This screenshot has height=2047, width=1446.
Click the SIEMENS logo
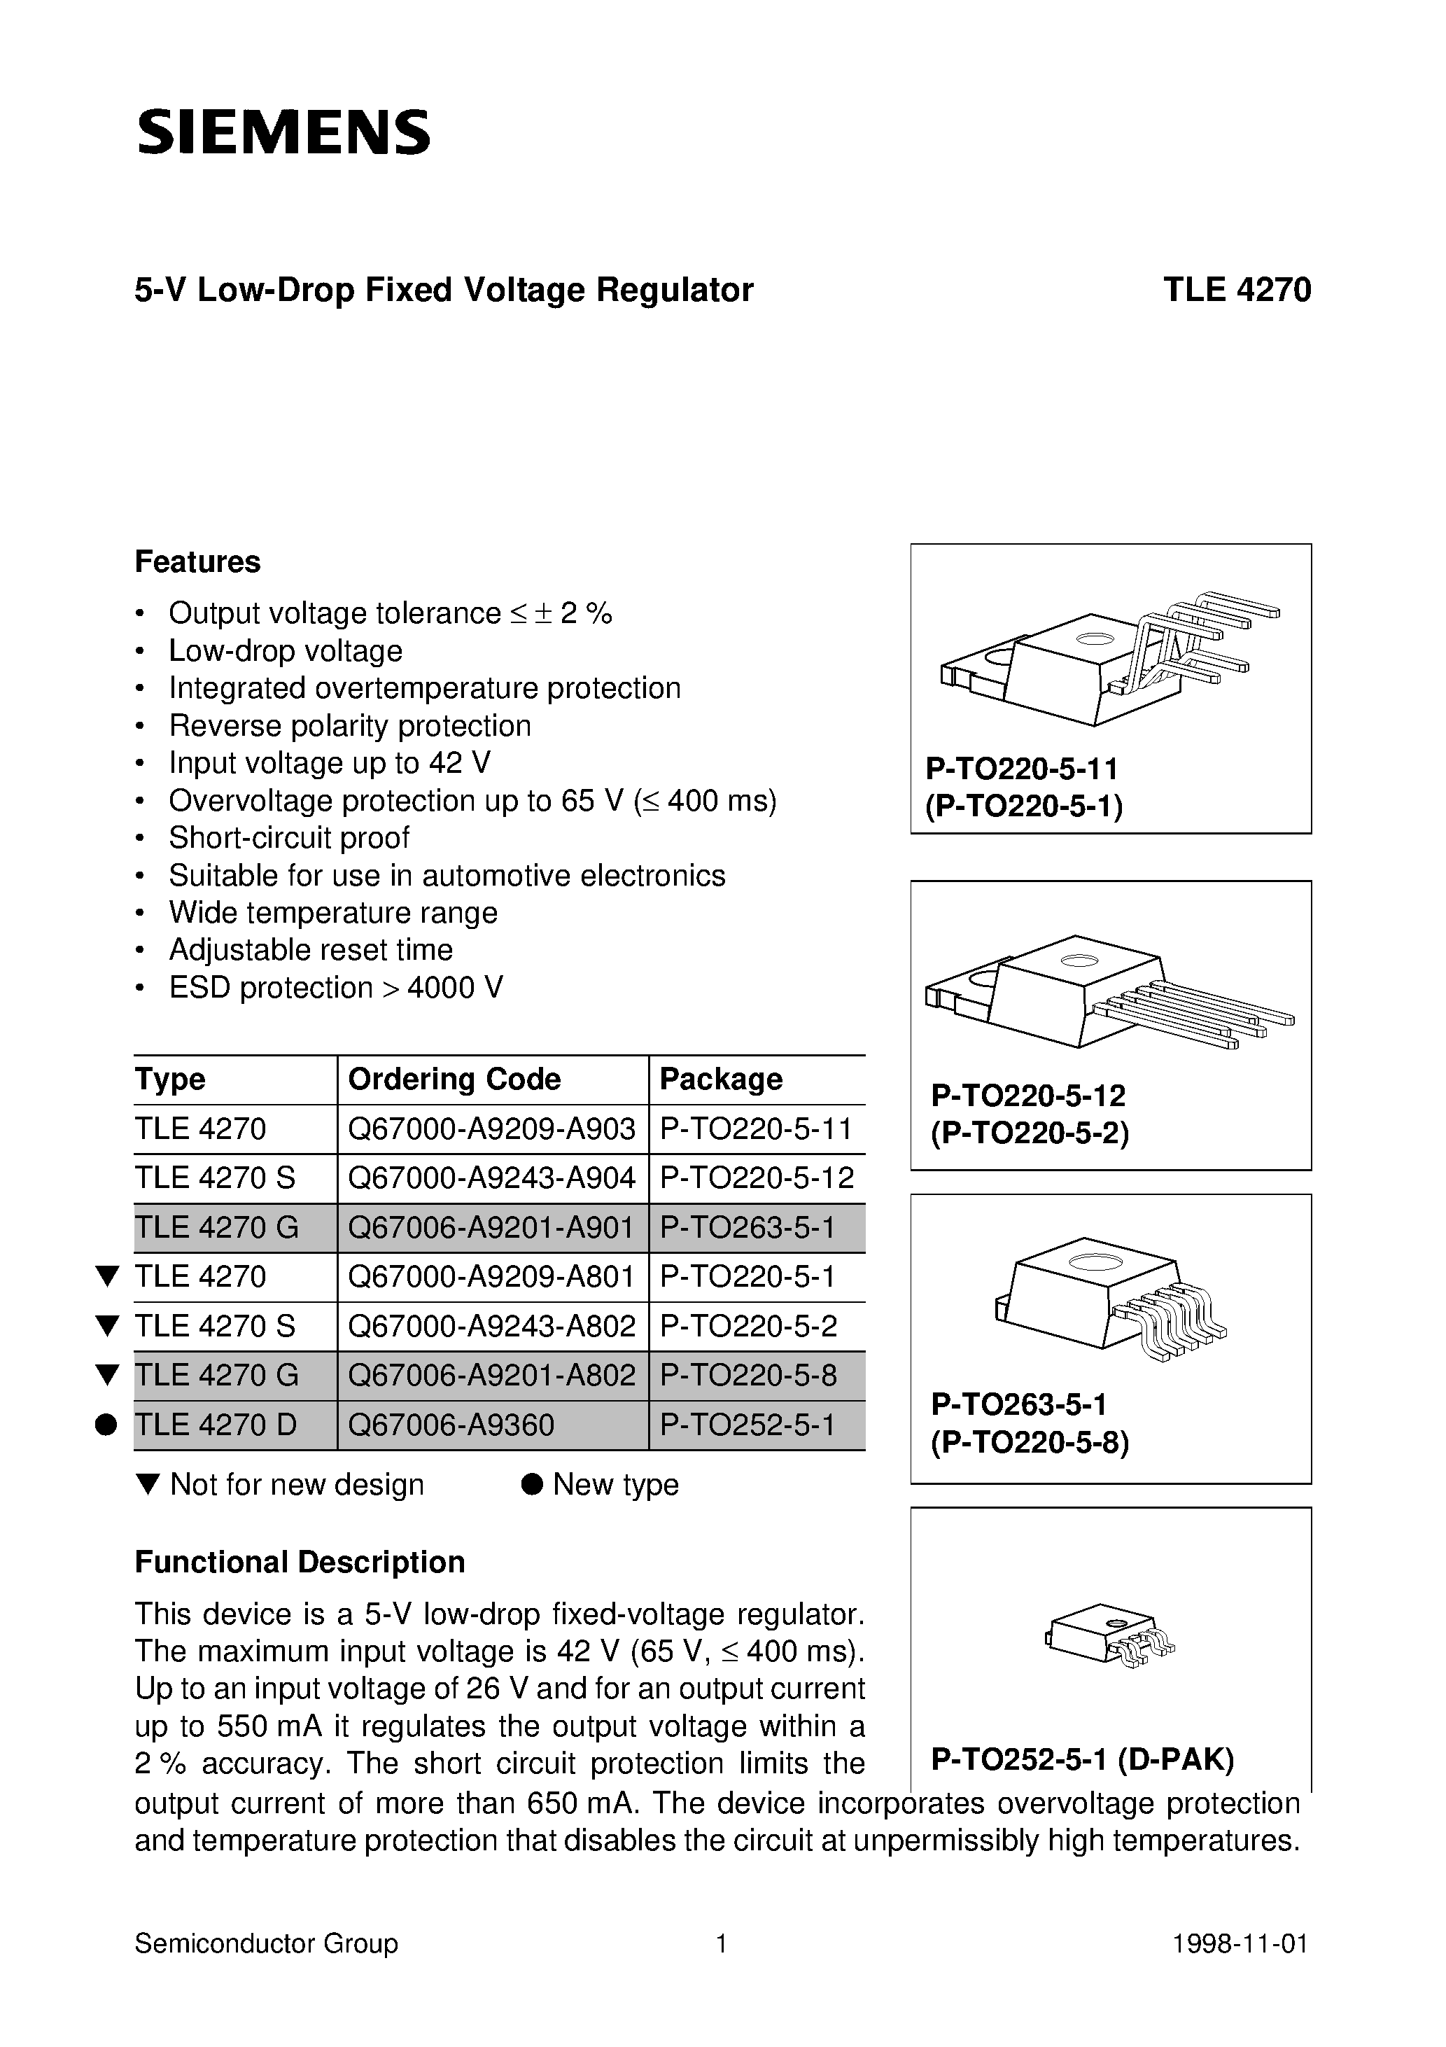tap(283, 133)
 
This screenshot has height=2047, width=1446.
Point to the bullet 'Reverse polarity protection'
tap(349, 726)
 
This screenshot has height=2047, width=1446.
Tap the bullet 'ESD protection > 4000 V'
tap(335, 987)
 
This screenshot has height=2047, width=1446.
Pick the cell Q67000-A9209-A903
tap(491, 1129)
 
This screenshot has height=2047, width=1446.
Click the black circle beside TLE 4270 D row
tap(106, 1425)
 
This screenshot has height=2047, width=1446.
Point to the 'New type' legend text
tap(615, 1484)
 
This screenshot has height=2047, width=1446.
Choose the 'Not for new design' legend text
tap(296, 1484)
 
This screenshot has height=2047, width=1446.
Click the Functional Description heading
tap(300, 1562)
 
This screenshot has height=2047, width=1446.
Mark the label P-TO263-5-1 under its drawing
tap(1018, 1405)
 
